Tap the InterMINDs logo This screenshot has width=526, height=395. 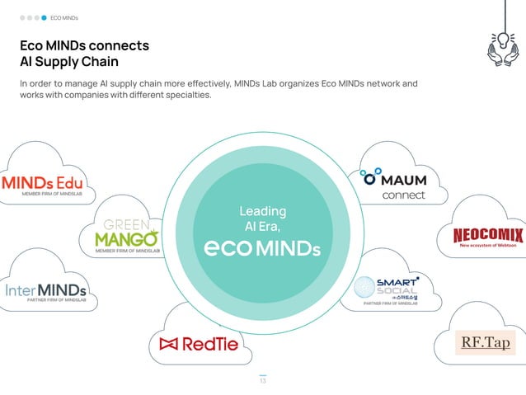click(x=46, y=292)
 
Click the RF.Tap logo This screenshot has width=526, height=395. click(x=486, y=341)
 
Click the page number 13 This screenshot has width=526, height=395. click(x=263, y=380)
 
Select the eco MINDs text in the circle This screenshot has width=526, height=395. click(x=262, y=247)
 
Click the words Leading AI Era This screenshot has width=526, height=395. click(x=262, y=219)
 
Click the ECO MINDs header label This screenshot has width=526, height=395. click(x=64, y=16)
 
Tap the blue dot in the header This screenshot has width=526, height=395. click(x=44, y=16)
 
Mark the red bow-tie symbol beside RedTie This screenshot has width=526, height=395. click(x=169, y=343)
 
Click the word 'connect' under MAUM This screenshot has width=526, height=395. click(x=404, y=195)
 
